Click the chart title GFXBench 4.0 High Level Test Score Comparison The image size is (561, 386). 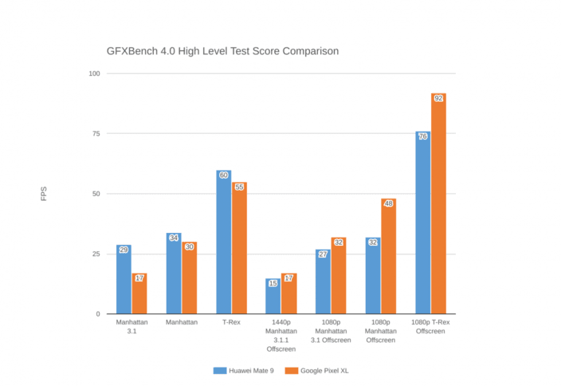pyautogui.click(x=222, y=51)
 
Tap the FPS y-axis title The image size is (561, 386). pyautogui.click(x=44, y=194)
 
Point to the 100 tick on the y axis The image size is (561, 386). pyautogui.click(x=94, y=73)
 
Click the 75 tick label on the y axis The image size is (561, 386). pyautogui.click(x=96, y=133)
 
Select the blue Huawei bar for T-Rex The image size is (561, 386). pyautogui.click(x=223, y=243)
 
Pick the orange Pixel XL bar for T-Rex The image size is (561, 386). pyautogui.click(x=239, y=249)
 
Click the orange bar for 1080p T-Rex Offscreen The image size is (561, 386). pyautogui.click(x=438, y=205)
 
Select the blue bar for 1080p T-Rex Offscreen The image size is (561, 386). pyautogui.click(x=422, y=223)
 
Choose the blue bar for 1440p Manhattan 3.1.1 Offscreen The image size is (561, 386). pyautogui.click(x=273, y=297)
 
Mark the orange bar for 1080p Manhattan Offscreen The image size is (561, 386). pyautogui.click(x=389, y=257)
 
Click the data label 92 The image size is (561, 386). pyautogui.click(x=438, y=98)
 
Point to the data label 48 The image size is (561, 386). pyautogui.click(x=389, y=203)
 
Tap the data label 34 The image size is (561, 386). pyautogui.click(x=173, y=238)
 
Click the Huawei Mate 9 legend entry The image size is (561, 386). pyautogui.click(x=244, y=370)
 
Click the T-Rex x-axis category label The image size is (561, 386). pyautogui.click(x=231, y=322)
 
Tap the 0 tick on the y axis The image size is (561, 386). pyautogui.click(x=98, y=314)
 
